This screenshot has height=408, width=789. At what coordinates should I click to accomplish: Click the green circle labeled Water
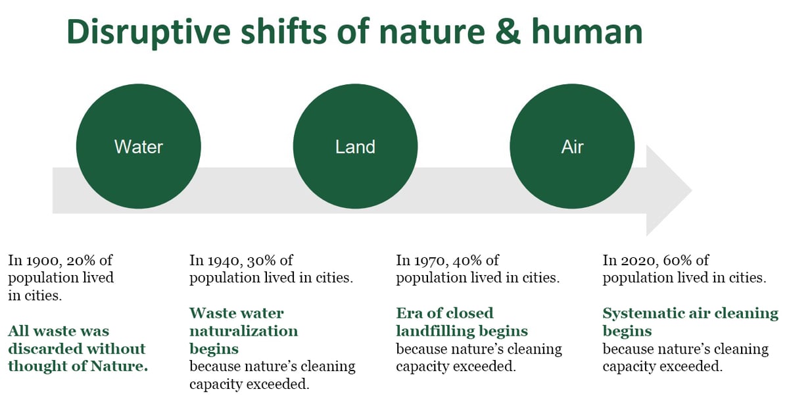(x=138, y=146)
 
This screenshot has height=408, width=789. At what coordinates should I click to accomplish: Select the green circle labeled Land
(x=355, y=146)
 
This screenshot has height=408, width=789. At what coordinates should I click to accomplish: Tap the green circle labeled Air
(x=572, y=146)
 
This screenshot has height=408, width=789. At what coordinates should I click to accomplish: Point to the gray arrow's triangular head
(x=667, y=190)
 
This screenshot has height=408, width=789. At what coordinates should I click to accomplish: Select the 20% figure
(x=77, y=261)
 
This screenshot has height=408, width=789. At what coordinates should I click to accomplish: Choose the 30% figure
(x=259, y=261)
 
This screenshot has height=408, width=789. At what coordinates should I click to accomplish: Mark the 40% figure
(x=466, y=261)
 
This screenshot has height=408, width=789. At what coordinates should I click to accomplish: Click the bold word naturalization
(x=243, y=330)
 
